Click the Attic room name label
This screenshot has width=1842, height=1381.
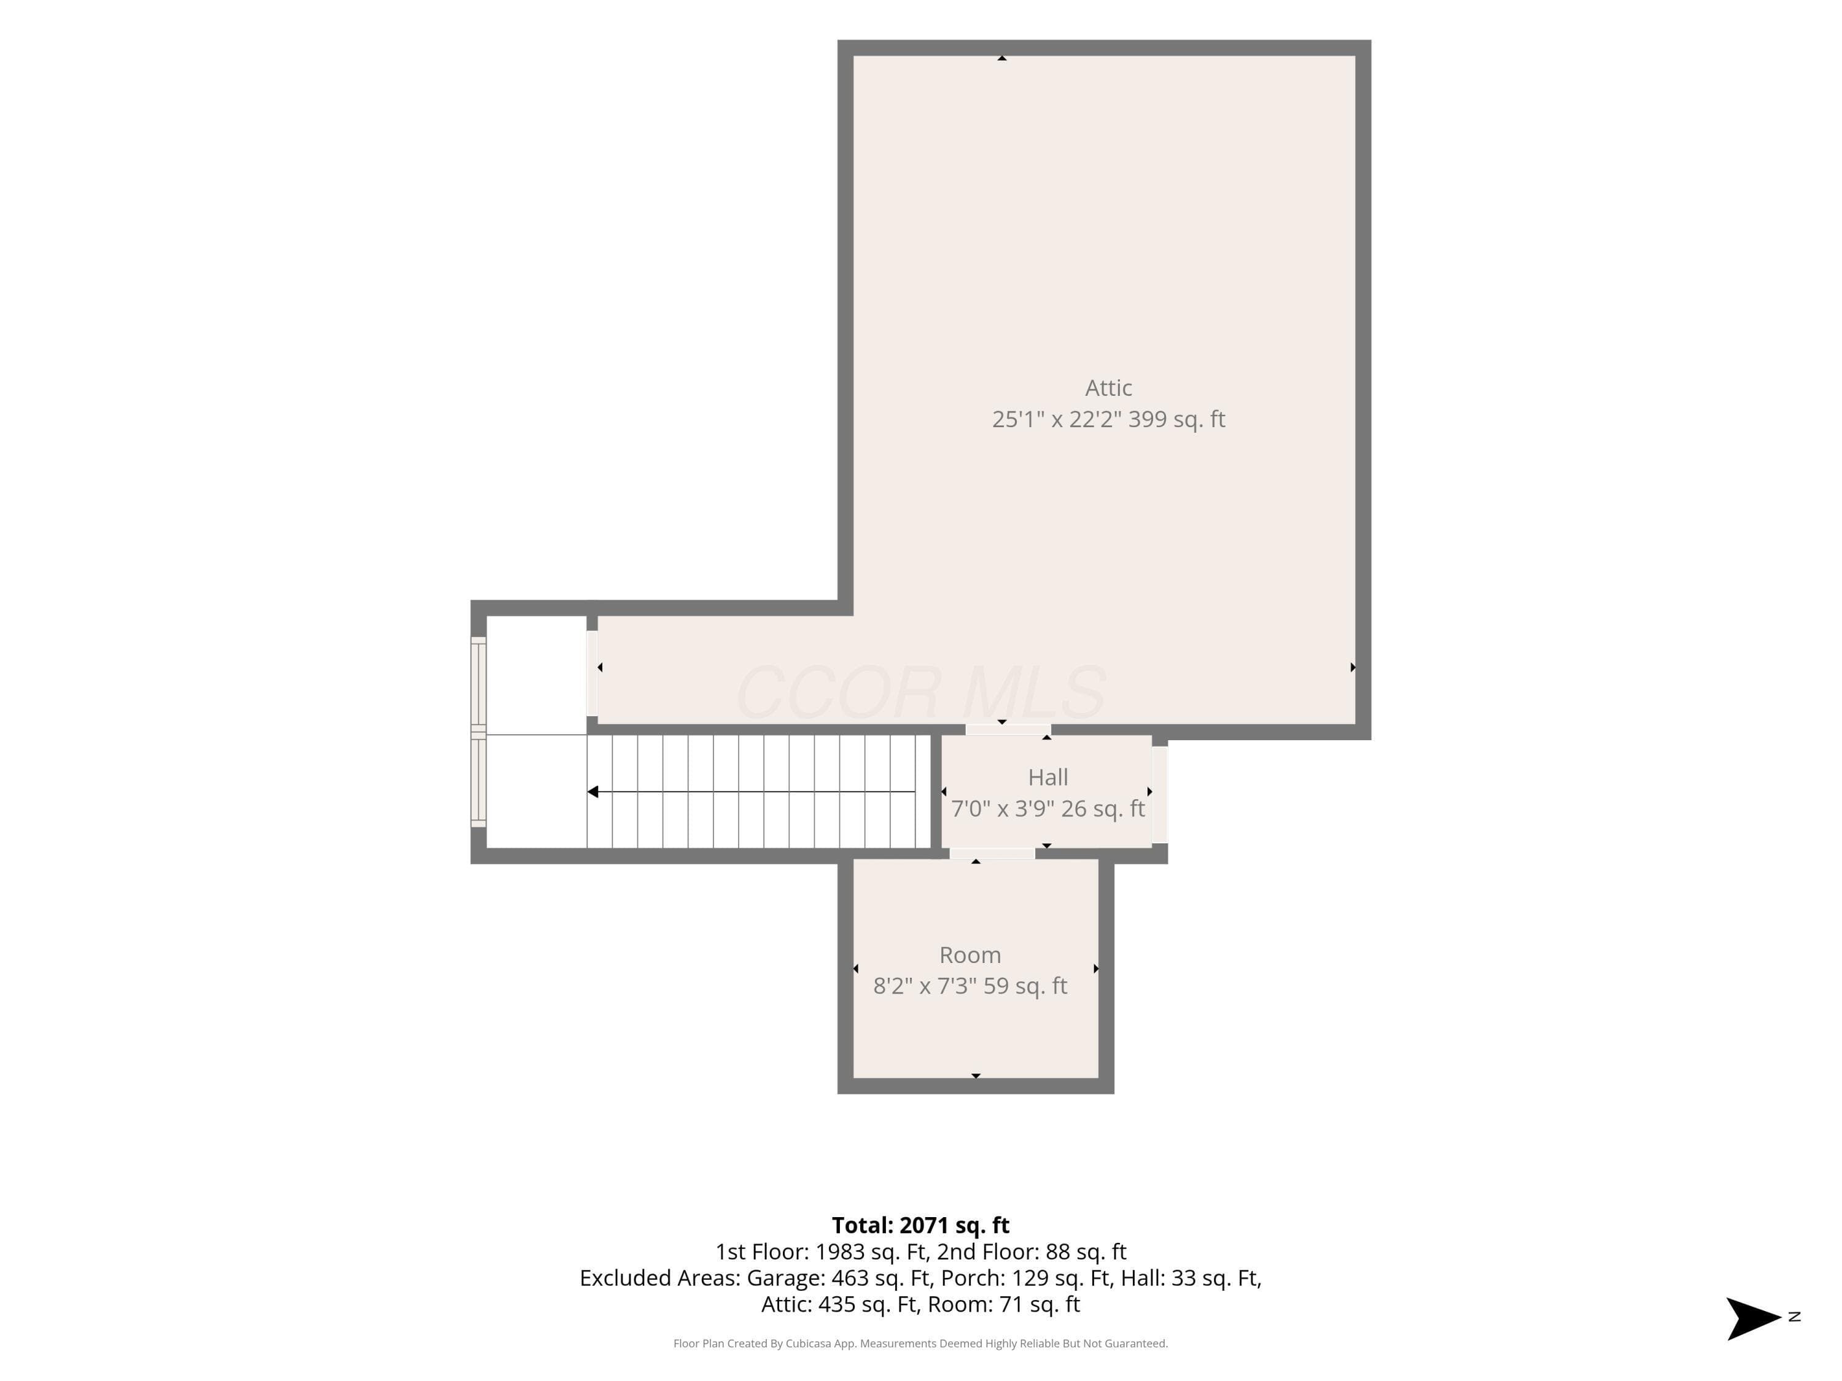1108,388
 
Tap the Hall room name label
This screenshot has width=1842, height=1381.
1047,778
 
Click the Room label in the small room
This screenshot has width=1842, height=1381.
970,955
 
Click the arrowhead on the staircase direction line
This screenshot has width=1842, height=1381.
593,792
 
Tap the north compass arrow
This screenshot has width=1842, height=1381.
1753,1318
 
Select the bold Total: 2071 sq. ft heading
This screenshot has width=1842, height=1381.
920,1225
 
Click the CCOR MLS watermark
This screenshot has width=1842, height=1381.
920,692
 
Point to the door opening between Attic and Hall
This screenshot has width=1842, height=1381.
1008,730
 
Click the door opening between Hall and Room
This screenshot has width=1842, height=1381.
992,853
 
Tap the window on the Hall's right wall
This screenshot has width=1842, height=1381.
1160,795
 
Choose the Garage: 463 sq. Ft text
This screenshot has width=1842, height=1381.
839,1278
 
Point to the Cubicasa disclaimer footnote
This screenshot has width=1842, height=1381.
920,1344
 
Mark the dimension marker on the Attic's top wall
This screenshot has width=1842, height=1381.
1002,58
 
